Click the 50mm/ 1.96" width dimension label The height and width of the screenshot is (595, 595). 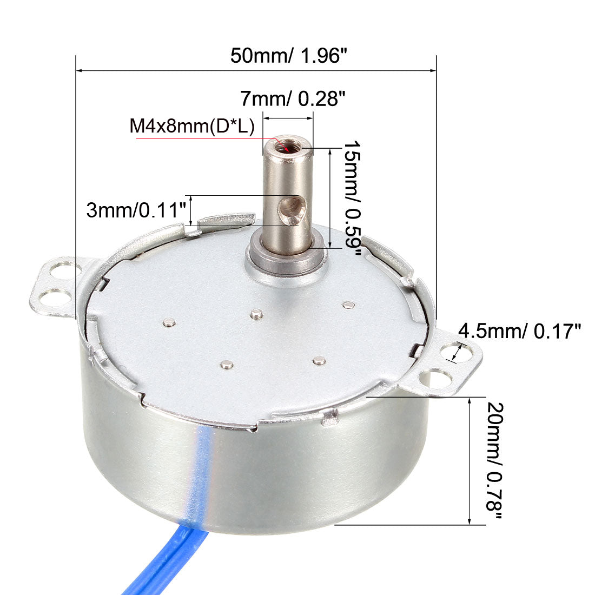point(288,56)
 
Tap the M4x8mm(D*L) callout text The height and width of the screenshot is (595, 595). point(191,127)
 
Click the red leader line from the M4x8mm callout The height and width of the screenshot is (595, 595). point(206,139)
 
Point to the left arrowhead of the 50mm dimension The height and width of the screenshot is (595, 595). point(80,70)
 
